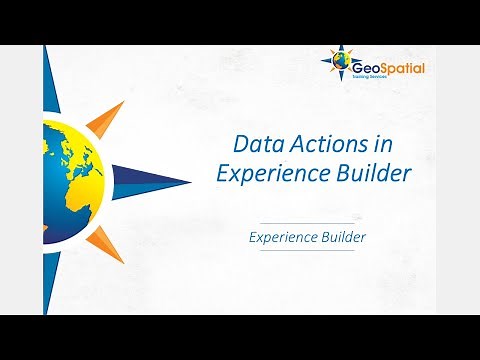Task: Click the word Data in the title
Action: (x=254, y=143)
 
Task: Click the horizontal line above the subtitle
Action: (x=307, y=222)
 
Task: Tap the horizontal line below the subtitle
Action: (x=307, y=251)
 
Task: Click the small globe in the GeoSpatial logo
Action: (x=343, y=66)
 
